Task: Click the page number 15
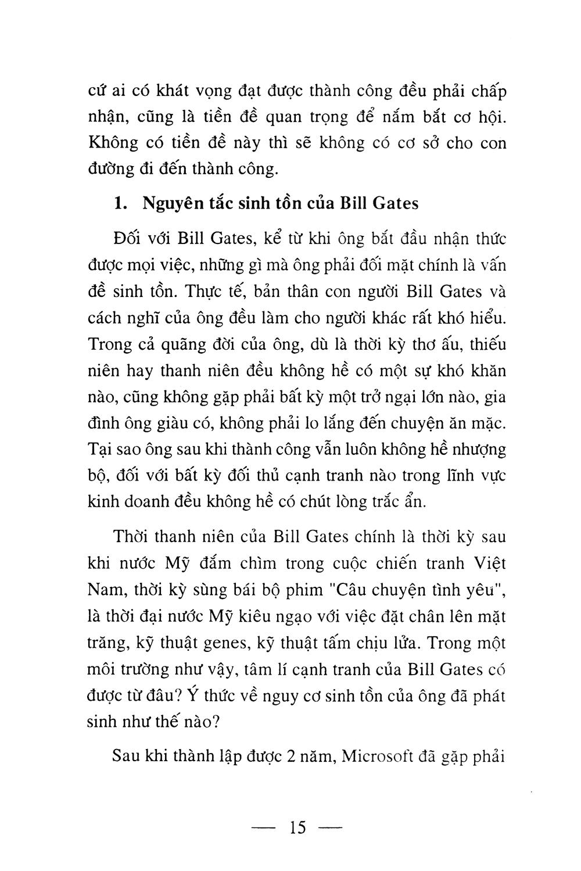click(296, 827)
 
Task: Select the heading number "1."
click(120, 204)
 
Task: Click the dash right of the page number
click(329, 827)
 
